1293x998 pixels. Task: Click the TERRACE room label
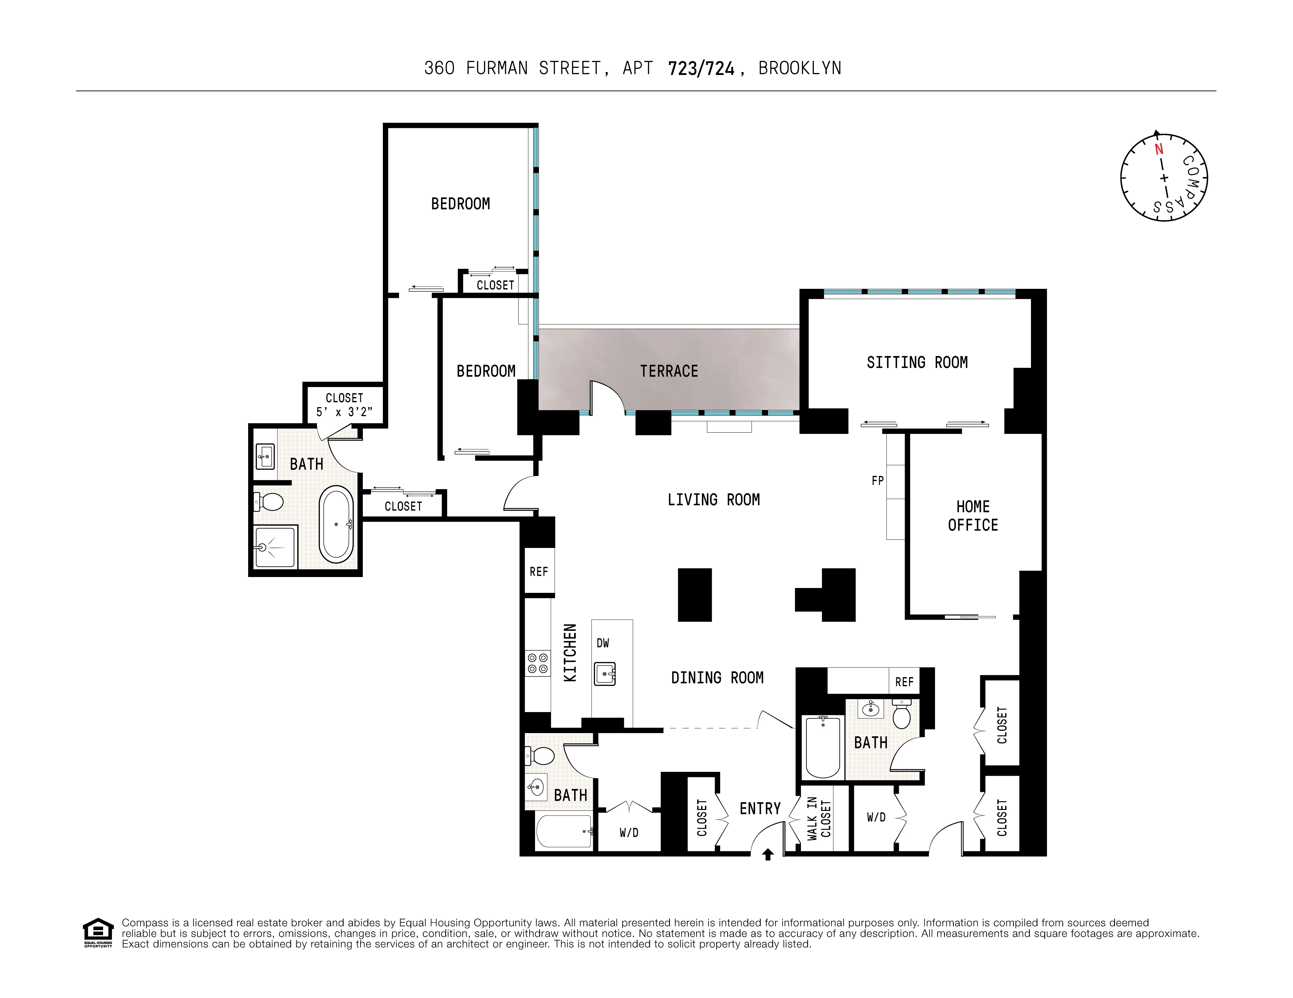coord(669,371)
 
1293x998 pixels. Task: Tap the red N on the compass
coord(1159,149)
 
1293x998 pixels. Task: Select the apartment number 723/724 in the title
coord(701,69)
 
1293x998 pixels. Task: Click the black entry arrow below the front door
coord(768,854)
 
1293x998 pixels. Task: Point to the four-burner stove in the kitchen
coord(538,663)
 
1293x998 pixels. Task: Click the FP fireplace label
coord(878,481)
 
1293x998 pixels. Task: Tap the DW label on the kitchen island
coord(603,643)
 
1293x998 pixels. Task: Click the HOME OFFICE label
coord(973,516)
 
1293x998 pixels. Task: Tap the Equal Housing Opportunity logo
coord(98,932)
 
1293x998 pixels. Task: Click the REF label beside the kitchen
coord(539,572)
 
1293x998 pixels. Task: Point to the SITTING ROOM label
coord(917,362)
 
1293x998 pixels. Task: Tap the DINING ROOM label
coord(717,678)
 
